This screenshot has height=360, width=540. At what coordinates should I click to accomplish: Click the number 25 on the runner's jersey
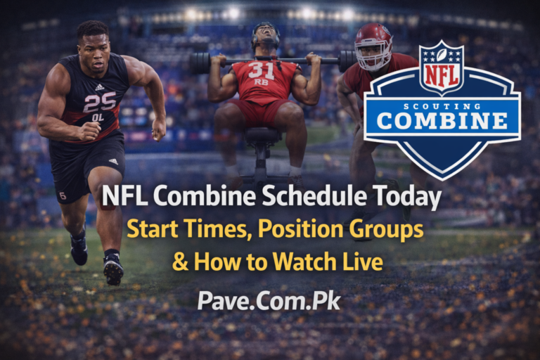point(99,102)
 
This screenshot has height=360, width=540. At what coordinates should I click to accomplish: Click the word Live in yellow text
point(364,262)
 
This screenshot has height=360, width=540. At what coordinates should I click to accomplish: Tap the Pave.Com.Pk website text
point(269,300)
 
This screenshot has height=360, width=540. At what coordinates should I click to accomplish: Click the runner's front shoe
point(113,269)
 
